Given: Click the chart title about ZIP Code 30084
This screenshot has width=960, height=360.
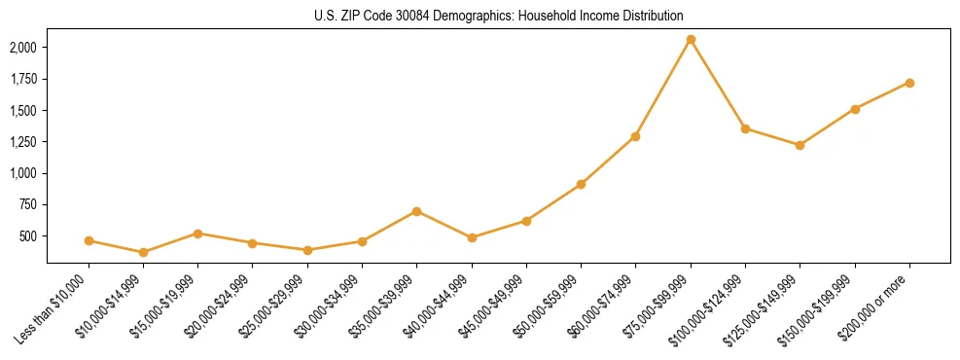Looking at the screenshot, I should click(x=499, y=16).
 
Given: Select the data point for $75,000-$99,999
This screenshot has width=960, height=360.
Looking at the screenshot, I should click(x=691, y=40).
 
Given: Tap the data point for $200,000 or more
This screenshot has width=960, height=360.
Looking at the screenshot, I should click(x=909, y=83).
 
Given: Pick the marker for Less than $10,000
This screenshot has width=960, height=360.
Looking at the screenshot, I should click(x=89, y=240).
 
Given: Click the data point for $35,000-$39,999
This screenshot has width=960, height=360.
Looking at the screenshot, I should click(x=416, y=211).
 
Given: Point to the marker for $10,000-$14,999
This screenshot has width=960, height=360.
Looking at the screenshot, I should click(x=143, y=252).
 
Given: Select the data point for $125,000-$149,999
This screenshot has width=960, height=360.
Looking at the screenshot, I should click(x=800, y=145).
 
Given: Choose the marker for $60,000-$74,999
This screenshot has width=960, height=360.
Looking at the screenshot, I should click(x=635, y=136).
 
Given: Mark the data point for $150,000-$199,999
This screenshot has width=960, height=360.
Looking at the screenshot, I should click(x=855, y=109).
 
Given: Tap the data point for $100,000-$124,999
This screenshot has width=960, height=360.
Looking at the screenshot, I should click(x=745, y=128).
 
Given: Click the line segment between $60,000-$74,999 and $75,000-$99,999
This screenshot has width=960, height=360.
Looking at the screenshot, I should click(x=663, y=88).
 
